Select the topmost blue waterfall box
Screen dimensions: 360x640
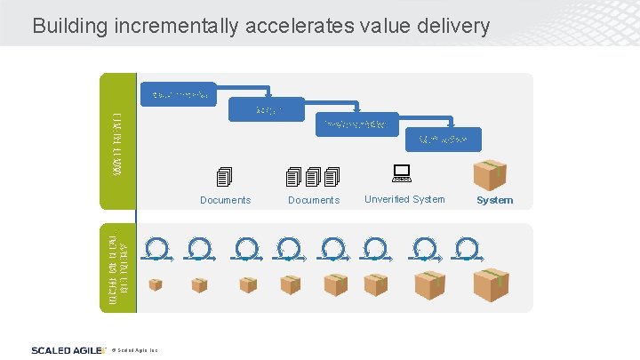coord(180,95)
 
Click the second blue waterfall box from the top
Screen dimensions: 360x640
coord(267,110)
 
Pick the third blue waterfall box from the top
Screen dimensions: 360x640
coord(355,125)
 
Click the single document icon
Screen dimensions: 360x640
coord(224,177)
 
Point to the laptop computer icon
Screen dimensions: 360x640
coord(401,173)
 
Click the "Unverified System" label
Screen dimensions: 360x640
coord(404,199)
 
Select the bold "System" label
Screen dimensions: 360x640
coord(494,200)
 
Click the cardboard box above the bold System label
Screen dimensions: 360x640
coord(490,175)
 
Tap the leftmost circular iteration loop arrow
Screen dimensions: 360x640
coord(156,248)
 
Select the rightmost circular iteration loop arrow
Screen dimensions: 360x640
coord(465,248)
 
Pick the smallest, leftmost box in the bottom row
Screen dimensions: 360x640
coord(156,285)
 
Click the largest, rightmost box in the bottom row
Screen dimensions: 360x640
coord(491,285)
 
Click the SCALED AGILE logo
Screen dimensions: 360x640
coord(68,349)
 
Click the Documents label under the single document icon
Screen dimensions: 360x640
coord(225,200)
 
